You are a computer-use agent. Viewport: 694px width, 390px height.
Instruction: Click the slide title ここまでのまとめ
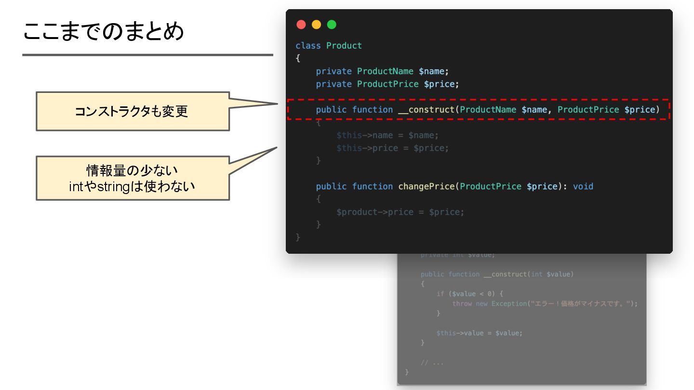(104, 32)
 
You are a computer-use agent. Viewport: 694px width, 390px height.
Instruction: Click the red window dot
(301, 25)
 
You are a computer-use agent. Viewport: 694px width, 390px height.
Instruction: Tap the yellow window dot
(316, 25)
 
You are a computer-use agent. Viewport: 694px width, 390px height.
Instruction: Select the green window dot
(332, 25)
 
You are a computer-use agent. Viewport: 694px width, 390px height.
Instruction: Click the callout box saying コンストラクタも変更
(133, 111)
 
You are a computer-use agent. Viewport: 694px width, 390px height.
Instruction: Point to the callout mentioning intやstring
(133, 178)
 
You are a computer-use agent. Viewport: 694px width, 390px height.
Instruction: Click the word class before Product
(308, 46)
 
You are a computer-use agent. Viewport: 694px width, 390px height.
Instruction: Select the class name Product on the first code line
(344, 46)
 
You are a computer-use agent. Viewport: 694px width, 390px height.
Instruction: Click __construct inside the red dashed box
(427, 110)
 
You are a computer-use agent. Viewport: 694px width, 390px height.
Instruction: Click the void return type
(583, 186)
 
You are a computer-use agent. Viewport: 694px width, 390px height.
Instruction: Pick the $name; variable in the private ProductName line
(433, 71)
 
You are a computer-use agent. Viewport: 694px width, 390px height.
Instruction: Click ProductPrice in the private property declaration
(387, 84)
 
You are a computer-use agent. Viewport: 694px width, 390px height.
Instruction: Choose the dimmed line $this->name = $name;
(387, 135)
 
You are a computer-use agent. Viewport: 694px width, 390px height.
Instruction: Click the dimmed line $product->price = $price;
(400, 212)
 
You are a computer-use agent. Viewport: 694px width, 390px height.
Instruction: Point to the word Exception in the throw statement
(508, 304)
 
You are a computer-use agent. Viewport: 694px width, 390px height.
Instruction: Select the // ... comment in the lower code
(432, 363)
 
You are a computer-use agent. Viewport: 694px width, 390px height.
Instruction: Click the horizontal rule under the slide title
(147, 55)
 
